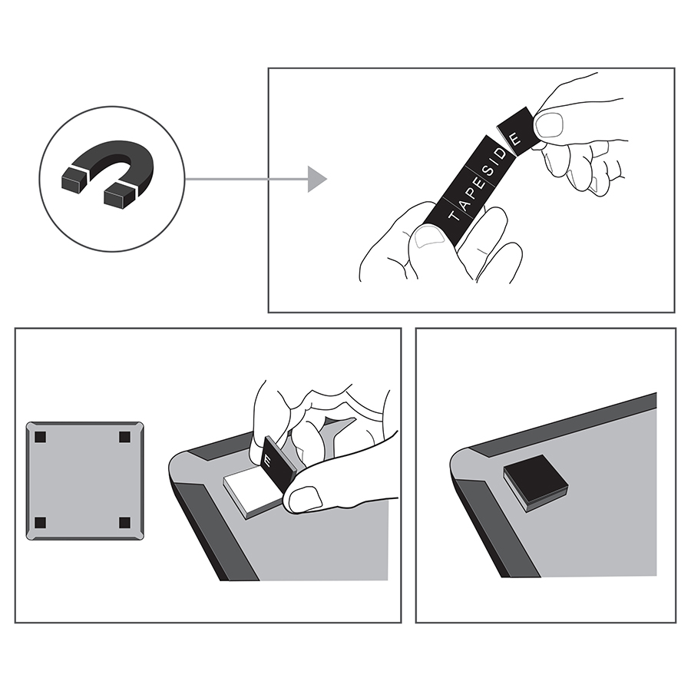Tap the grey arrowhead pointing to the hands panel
316,179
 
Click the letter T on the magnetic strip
455,216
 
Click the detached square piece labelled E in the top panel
517,131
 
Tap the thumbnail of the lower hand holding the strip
429,236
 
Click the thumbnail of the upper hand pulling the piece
549,124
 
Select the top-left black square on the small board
40,437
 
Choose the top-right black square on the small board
124,437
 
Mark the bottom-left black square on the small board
40,523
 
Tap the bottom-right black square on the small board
124,523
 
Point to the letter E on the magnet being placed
267,461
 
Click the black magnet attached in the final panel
535,482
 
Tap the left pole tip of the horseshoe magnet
74,180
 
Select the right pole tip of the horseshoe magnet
119,195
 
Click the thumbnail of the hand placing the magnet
306,498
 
